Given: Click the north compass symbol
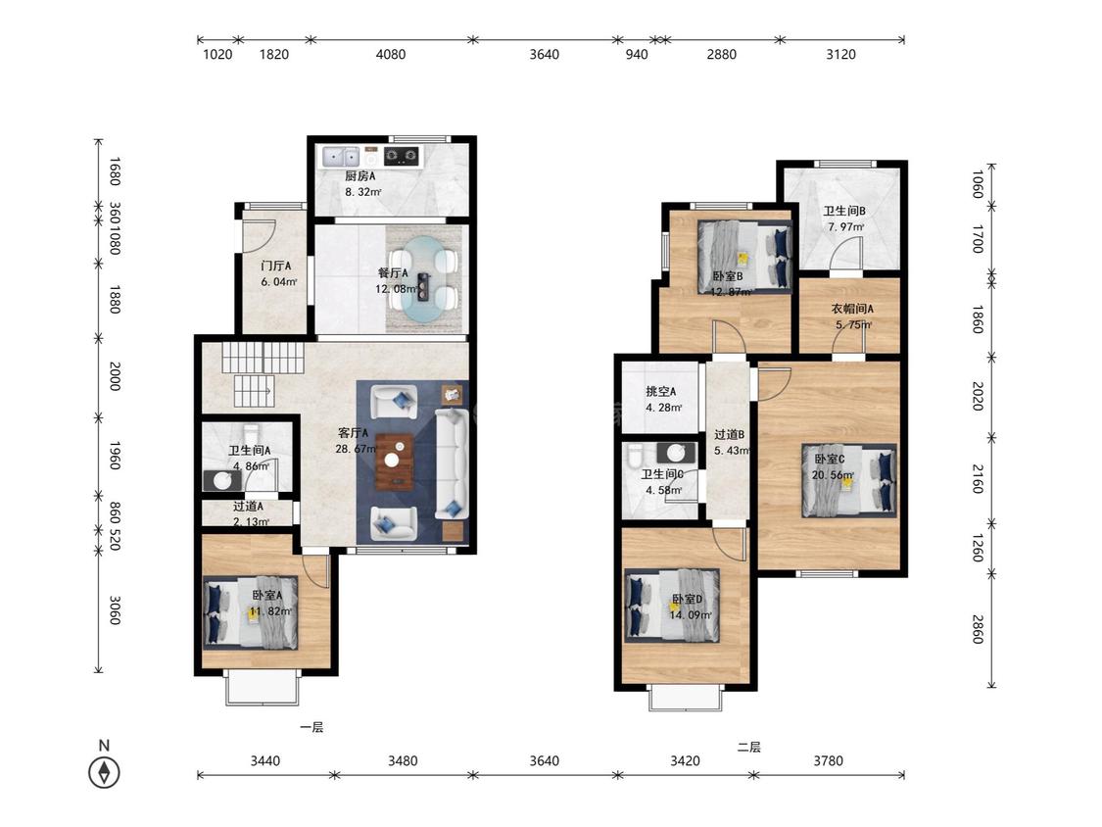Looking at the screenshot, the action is (x=104, y=772).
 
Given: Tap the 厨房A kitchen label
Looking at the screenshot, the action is (x=359, y=175).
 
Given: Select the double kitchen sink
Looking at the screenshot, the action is (x=341, y=156).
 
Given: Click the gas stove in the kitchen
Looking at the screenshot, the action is (x=402, y=156).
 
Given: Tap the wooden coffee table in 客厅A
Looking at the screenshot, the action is (x=395, y=462).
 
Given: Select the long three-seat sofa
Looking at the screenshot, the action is (x=452, y=464).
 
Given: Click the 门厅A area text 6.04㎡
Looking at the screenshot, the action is (x=279, y=282).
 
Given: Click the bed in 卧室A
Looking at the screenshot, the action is (x=251, y=611).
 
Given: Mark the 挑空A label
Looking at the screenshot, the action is (x=660, y=391).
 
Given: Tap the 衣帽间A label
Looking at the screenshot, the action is (x=852, y=309).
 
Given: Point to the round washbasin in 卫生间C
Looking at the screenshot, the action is (x=676, y=452).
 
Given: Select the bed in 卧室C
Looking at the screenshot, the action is (x=849, y=481).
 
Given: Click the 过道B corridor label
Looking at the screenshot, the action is (x=730, y=435).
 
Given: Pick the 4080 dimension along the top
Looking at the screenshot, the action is (x=391, y=54).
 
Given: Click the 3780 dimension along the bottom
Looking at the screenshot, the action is (x=828, y=760).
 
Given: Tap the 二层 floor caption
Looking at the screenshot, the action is (x=748, y=747).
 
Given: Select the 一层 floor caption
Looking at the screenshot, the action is (x=311, y=727).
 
